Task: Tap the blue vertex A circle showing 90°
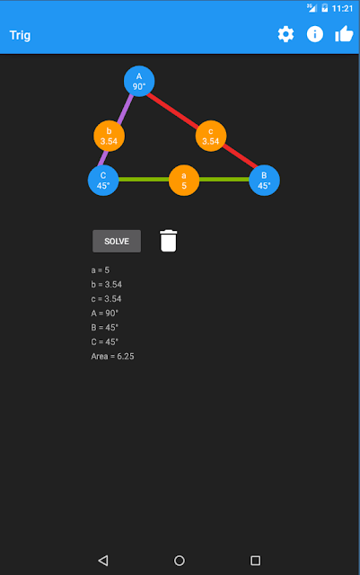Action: tap(139, 81)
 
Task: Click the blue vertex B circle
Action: tap(264, 181)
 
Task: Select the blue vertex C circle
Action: tap(103, 181)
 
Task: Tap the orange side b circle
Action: tap(109, 136)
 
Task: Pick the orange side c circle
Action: tap(211, 136)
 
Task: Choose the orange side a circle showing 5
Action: tap(184, 181)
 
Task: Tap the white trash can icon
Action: tap(168, 241)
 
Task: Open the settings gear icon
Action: tap(285, 34)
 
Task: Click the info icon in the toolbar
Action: tap(315, 34)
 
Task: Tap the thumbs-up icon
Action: tap(344, 34)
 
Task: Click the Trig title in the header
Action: tap(20, 35)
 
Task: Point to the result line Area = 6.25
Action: tap(112, 356)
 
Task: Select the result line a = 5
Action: tap(100, 270)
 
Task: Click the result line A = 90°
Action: tap(104, 314)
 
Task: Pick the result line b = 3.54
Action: tap(106, 285)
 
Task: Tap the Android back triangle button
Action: tap(103, 561)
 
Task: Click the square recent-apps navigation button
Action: tap(255, 561)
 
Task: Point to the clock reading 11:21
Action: tap(342, 8)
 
